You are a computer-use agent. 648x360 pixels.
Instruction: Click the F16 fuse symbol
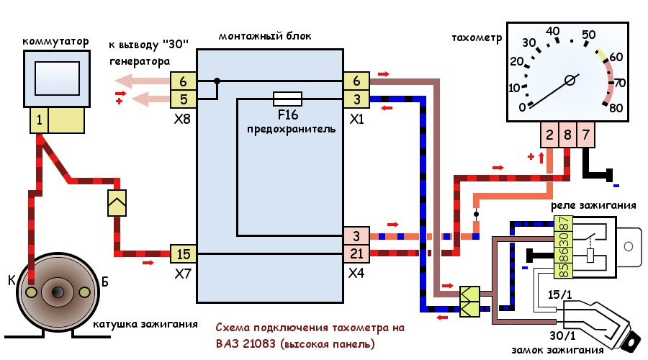pyautogui.click(x=287, y=99)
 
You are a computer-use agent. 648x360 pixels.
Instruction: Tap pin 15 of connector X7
pyautogui.click(x=183, y=253)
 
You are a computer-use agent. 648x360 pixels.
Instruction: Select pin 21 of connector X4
pyautogui.click(x=356, y=253)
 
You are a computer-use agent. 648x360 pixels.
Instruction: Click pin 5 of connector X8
pyautogui.click(x=183, y=99)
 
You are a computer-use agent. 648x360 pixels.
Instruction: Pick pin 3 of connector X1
pyautogui.click(x=356, y=99)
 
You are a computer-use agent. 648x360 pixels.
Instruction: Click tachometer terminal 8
pyautogui.click(x=567, y=135)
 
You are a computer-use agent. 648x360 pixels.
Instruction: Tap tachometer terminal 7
pyautogui.click(x=585, y=135)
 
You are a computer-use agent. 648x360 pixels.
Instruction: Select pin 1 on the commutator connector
pyautogui.click(x=40, y=120)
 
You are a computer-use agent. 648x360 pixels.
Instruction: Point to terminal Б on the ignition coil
pyautogui.click(x=84, y=292)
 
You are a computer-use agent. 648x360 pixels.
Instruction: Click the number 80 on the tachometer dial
pyautogui.click(x=616, y=108)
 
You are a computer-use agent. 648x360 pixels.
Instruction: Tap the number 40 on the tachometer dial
pyautogui.click(x=552, y=32)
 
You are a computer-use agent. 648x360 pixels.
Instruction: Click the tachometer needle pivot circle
pyautogui.click(x=570, y=80)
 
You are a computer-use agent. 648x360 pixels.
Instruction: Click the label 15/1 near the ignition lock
pyautogui.click(x=560, y=294)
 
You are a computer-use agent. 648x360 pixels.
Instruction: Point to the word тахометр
pyautogui.click(x=477, y=37)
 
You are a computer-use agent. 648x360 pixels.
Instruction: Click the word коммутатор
pyautogui.click(x=55, y=41)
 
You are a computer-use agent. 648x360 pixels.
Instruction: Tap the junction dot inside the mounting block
pyautogui.click(x=217, y=81)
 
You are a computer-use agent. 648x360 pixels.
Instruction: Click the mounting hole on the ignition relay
pyautogui.click(x=629, y=247)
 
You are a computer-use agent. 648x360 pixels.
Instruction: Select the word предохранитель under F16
pyautogui.click(x=291, y=129)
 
